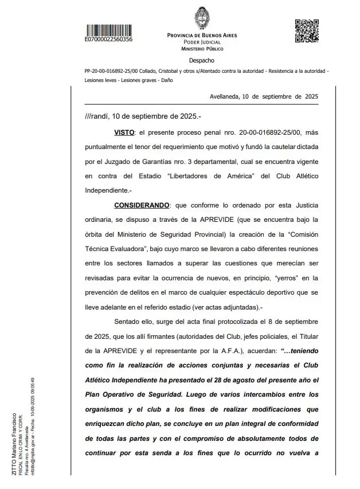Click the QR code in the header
(x=307, y=31)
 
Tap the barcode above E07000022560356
(x=108, y=29)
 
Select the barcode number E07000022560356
(x=108, y=40)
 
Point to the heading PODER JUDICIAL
(x=202, y=42)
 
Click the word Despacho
(x=202, y=60)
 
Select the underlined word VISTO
(x=124, y=132)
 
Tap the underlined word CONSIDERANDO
(x=141, y=205)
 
